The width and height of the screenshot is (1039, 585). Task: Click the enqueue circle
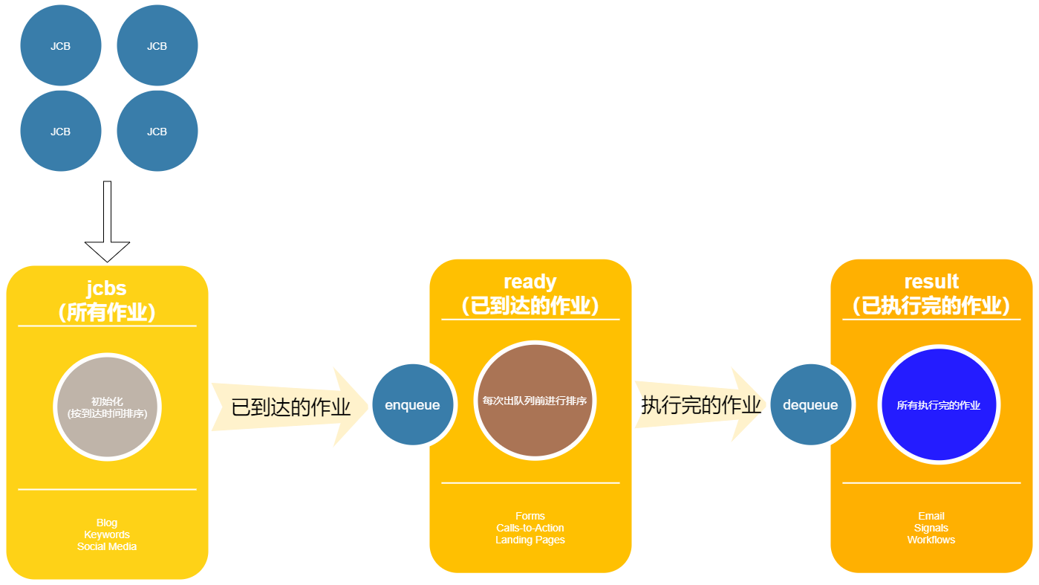(x=412, y=405)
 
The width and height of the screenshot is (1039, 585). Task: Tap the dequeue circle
(x=810, y=405)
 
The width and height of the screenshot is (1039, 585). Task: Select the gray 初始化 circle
(x=107, y=407)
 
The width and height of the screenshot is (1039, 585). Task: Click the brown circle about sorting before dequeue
(x=535, y=401)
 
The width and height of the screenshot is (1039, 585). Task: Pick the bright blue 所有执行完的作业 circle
(x=939, y=405)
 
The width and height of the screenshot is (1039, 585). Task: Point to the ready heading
(x=530, y=282)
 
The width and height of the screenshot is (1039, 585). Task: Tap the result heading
(x=931, y=282)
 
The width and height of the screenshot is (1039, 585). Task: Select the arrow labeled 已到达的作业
(x=290, y=407)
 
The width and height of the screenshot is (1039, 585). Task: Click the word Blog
(x=107, y=523)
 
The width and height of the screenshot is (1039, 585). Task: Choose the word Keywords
(x=107, y=534)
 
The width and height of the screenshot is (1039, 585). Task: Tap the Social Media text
(x=107, y=546)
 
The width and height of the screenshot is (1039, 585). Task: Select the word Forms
(x=530, y=516)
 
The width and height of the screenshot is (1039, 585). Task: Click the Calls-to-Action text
(x=530, y=528)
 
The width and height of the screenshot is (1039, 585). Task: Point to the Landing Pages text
(x=530, y=540)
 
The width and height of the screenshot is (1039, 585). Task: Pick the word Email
(x=931, y=516)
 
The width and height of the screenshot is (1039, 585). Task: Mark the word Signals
(x=931, y=528)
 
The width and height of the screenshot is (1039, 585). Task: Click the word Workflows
(x=931, y=540)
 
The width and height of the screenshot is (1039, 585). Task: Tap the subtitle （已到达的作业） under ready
(x=530, y=306)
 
